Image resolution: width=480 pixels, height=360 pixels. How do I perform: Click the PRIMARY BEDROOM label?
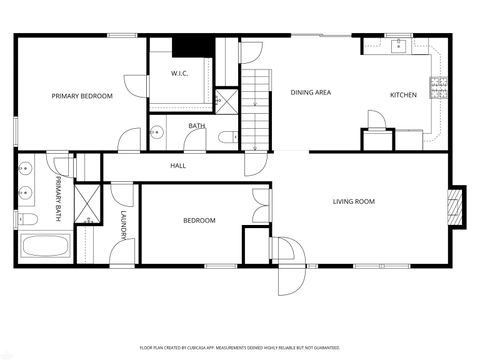82,96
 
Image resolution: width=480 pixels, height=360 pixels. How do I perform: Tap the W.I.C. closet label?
180,72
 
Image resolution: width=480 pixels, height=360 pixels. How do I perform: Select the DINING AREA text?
310,93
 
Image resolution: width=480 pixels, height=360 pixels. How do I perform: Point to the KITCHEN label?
403,95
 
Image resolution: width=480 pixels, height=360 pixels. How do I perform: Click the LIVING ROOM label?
353,202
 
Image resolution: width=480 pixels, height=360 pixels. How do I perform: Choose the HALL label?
178,166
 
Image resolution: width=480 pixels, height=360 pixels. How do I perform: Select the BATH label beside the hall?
197,126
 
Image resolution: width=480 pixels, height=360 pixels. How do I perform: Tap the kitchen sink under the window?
399,44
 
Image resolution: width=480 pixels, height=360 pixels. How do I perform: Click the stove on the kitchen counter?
438,88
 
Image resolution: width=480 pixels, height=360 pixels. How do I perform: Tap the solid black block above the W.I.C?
187,46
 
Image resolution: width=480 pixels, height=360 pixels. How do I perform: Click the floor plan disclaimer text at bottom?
239,346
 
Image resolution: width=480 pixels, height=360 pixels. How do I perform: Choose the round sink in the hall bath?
157,131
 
